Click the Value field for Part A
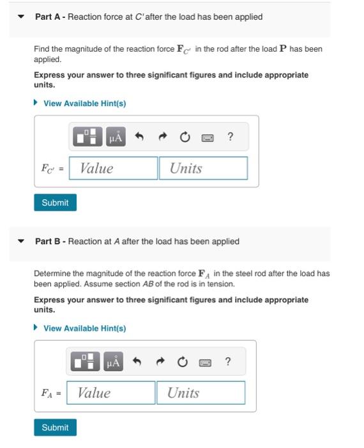coord(113,168)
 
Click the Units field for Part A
coord(202,168)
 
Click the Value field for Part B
coord(111,393)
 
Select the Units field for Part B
coord(200,393)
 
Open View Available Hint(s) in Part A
coord(84,104)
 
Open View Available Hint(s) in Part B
coord(84,328)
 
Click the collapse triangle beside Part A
coord(21,17)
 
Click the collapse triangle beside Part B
coord(21,241)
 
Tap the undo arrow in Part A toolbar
coord(140,137)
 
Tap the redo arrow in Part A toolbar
coord(163,137)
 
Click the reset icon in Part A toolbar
coord(185,137)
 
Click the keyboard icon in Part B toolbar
coord(205,362)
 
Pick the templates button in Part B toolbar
coord(86,362)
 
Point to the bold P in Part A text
coord(282,49)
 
